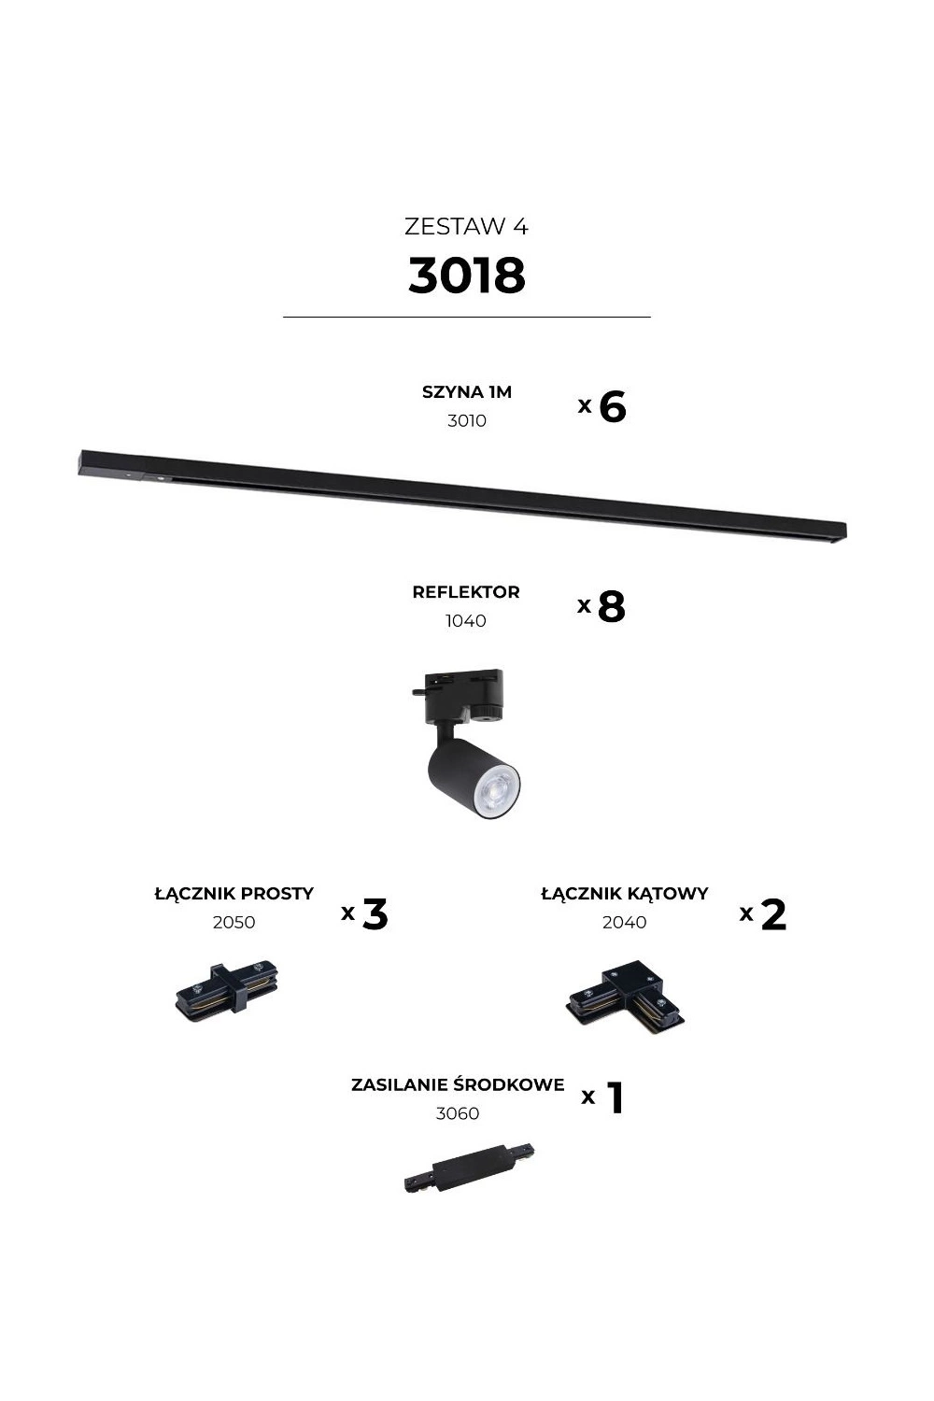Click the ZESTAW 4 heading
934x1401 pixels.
click(x=466, y=226)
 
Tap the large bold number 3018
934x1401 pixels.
click(x=467, y=276)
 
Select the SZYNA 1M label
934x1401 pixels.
click(x=467, y=392)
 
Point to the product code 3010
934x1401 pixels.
click(x=467, y=421)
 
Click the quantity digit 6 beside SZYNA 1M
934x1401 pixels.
click(x=613, y=406)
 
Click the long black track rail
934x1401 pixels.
click(x=461, y=494)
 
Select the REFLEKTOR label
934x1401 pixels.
click(x=466, y=591)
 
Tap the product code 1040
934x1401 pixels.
click(x=465, y=621)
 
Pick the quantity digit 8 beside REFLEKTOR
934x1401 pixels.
click(x=611, y=606)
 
